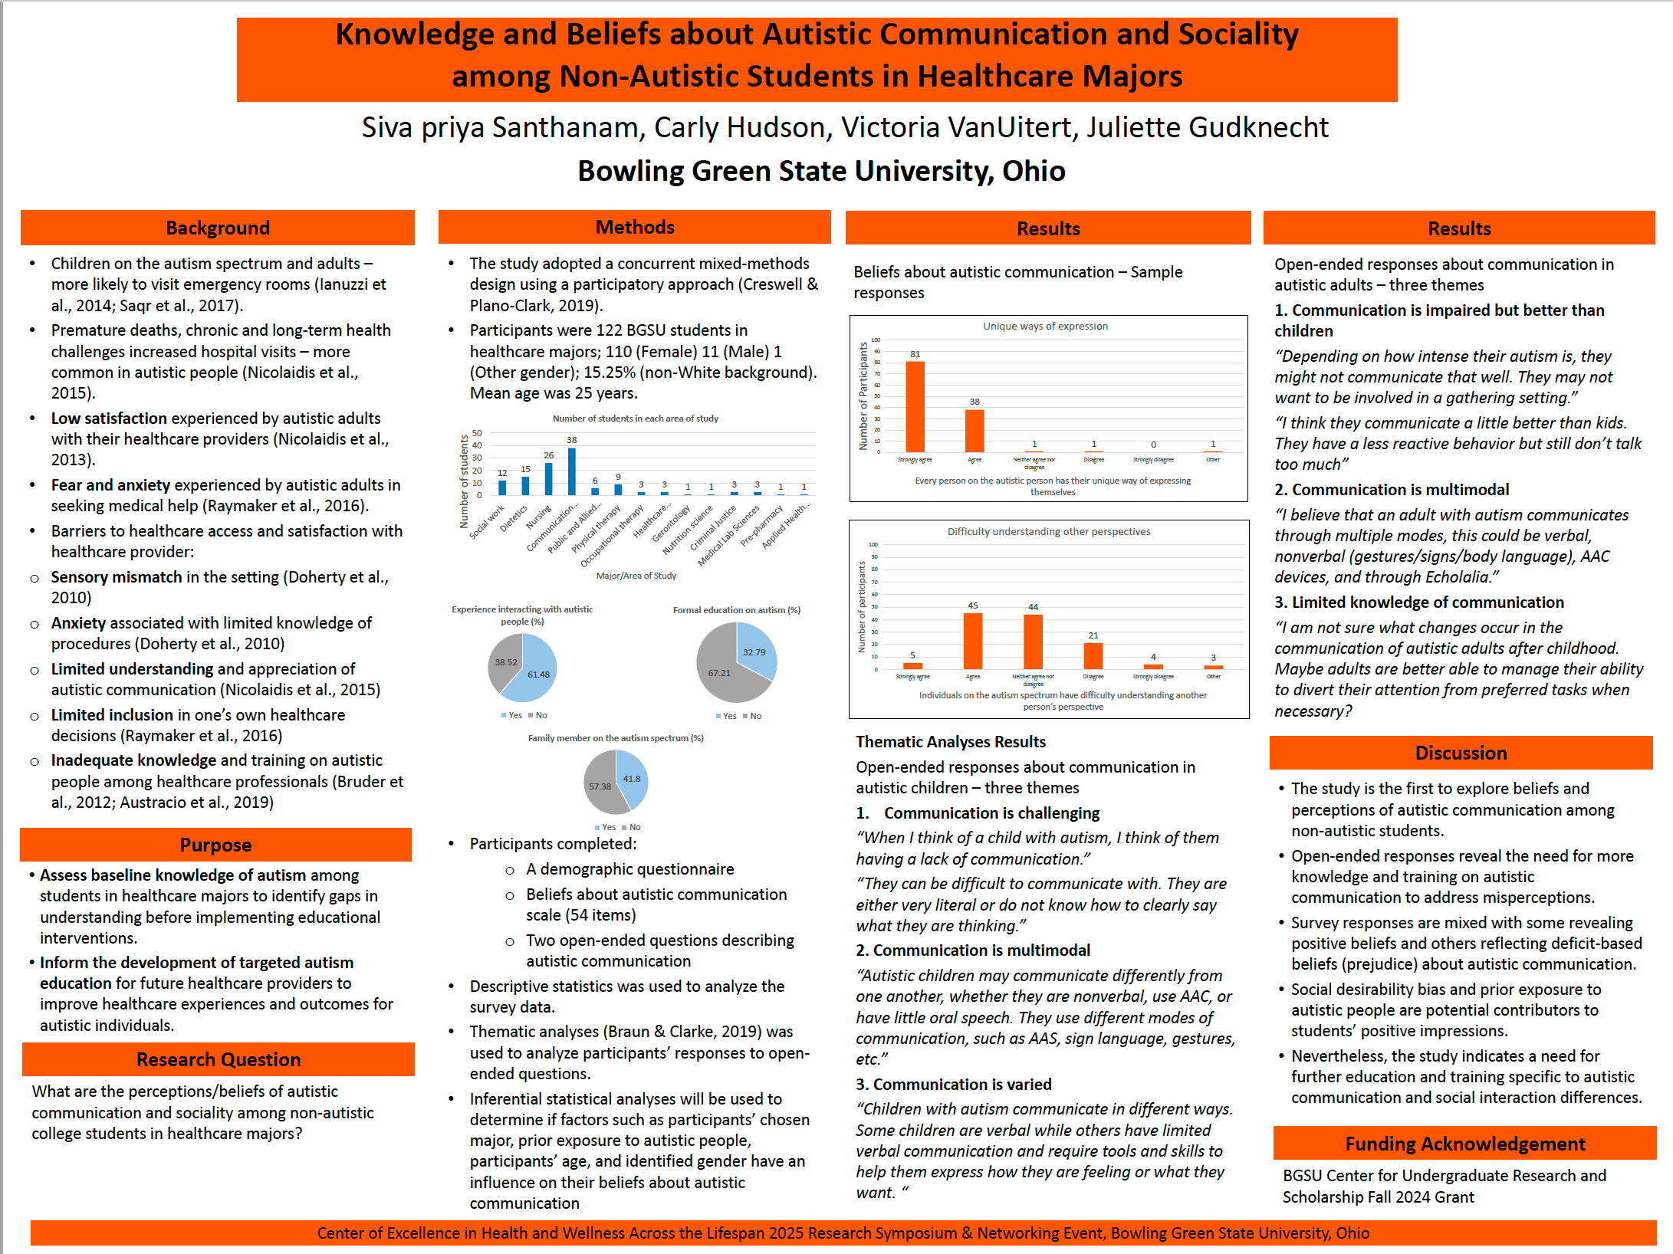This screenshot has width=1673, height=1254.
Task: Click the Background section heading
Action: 218,228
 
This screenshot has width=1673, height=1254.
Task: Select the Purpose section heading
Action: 215,845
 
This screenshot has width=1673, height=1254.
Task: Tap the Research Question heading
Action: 219,1059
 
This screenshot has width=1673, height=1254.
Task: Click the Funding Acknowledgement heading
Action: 1464,1144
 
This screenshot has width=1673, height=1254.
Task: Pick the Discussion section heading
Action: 1461,753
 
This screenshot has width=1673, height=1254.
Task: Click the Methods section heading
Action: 635,227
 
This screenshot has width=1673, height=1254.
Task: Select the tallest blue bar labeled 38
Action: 572,471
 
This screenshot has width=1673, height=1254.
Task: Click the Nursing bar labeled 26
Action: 549,479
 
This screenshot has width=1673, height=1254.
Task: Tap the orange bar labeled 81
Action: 915,406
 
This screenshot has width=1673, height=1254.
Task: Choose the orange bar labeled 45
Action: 973,642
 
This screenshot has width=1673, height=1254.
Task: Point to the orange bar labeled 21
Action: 1093,656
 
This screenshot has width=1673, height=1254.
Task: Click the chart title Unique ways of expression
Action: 1045,326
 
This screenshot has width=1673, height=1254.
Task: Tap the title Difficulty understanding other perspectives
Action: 1048,531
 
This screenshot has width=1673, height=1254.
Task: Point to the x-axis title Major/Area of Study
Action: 636,576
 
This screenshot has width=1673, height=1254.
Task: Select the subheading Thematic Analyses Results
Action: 951,741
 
